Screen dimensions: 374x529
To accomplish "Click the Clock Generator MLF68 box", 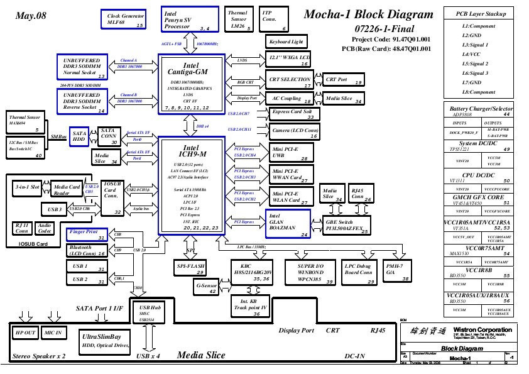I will [123, 19].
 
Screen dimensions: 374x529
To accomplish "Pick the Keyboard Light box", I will [286, 41].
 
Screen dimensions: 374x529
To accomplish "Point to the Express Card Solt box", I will [294, 114].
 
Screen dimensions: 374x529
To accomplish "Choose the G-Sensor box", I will [207, 288].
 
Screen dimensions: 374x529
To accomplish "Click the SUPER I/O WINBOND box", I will [310, 270].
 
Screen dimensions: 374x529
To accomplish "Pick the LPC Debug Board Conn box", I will [359, 270].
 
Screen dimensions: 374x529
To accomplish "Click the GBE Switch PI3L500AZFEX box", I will [346, 226].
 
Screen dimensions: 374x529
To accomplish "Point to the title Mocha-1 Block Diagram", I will [368, 14].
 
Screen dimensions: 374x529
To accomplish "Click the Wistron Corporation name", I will [481, 330].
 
